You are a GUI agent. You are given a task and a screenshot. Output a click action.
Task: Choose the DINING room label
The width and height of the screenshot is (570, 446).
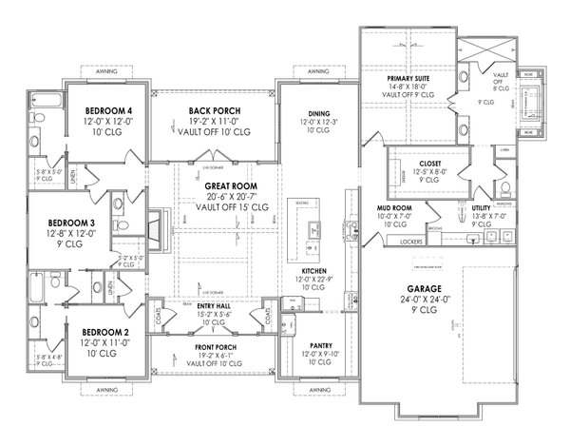click(x=318, y=112)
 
